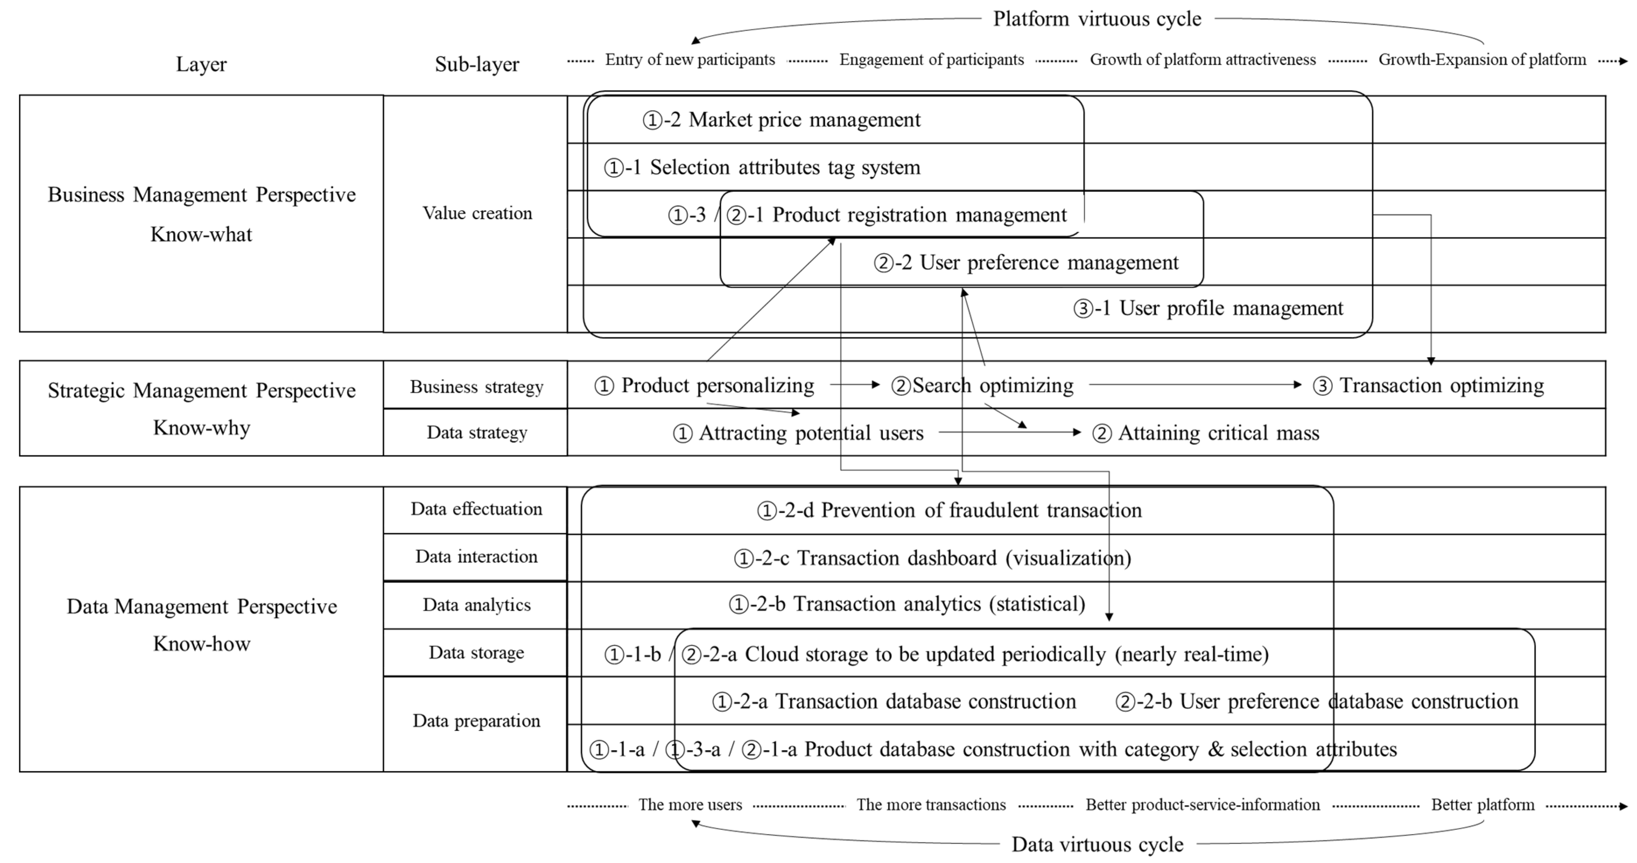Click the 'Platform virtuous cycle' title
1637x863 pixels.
1097,19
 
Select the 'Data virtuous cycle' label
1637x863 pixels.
1097,844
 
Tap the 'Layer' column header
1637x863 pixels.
201,64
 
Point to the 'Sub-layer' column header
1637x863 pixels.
477,64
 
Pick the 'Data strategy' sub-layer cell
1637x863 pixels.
477,433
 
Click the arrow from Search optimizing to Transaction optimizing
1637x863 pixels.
1195,384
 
